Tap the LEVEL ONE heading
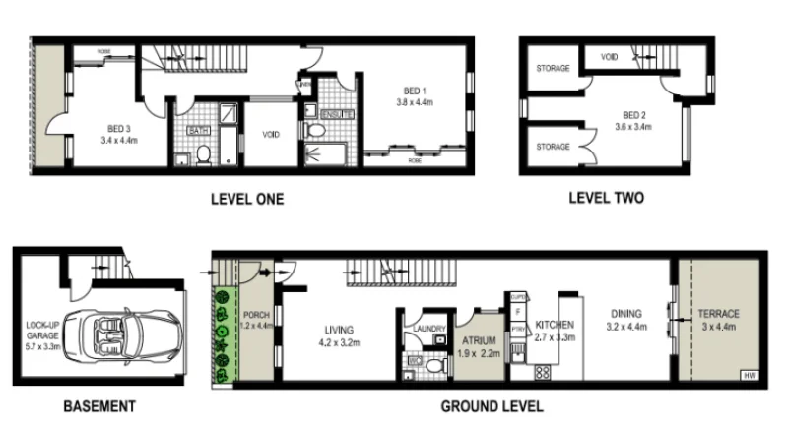247,199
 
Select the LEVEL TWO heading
606,198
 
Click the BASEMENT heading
99,405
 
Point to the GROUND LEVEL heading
490,405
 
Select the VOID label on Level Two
609,58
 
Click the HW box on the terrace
751,375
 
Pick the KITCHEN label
553,324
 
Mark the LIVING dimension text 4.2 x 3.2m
338,342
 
